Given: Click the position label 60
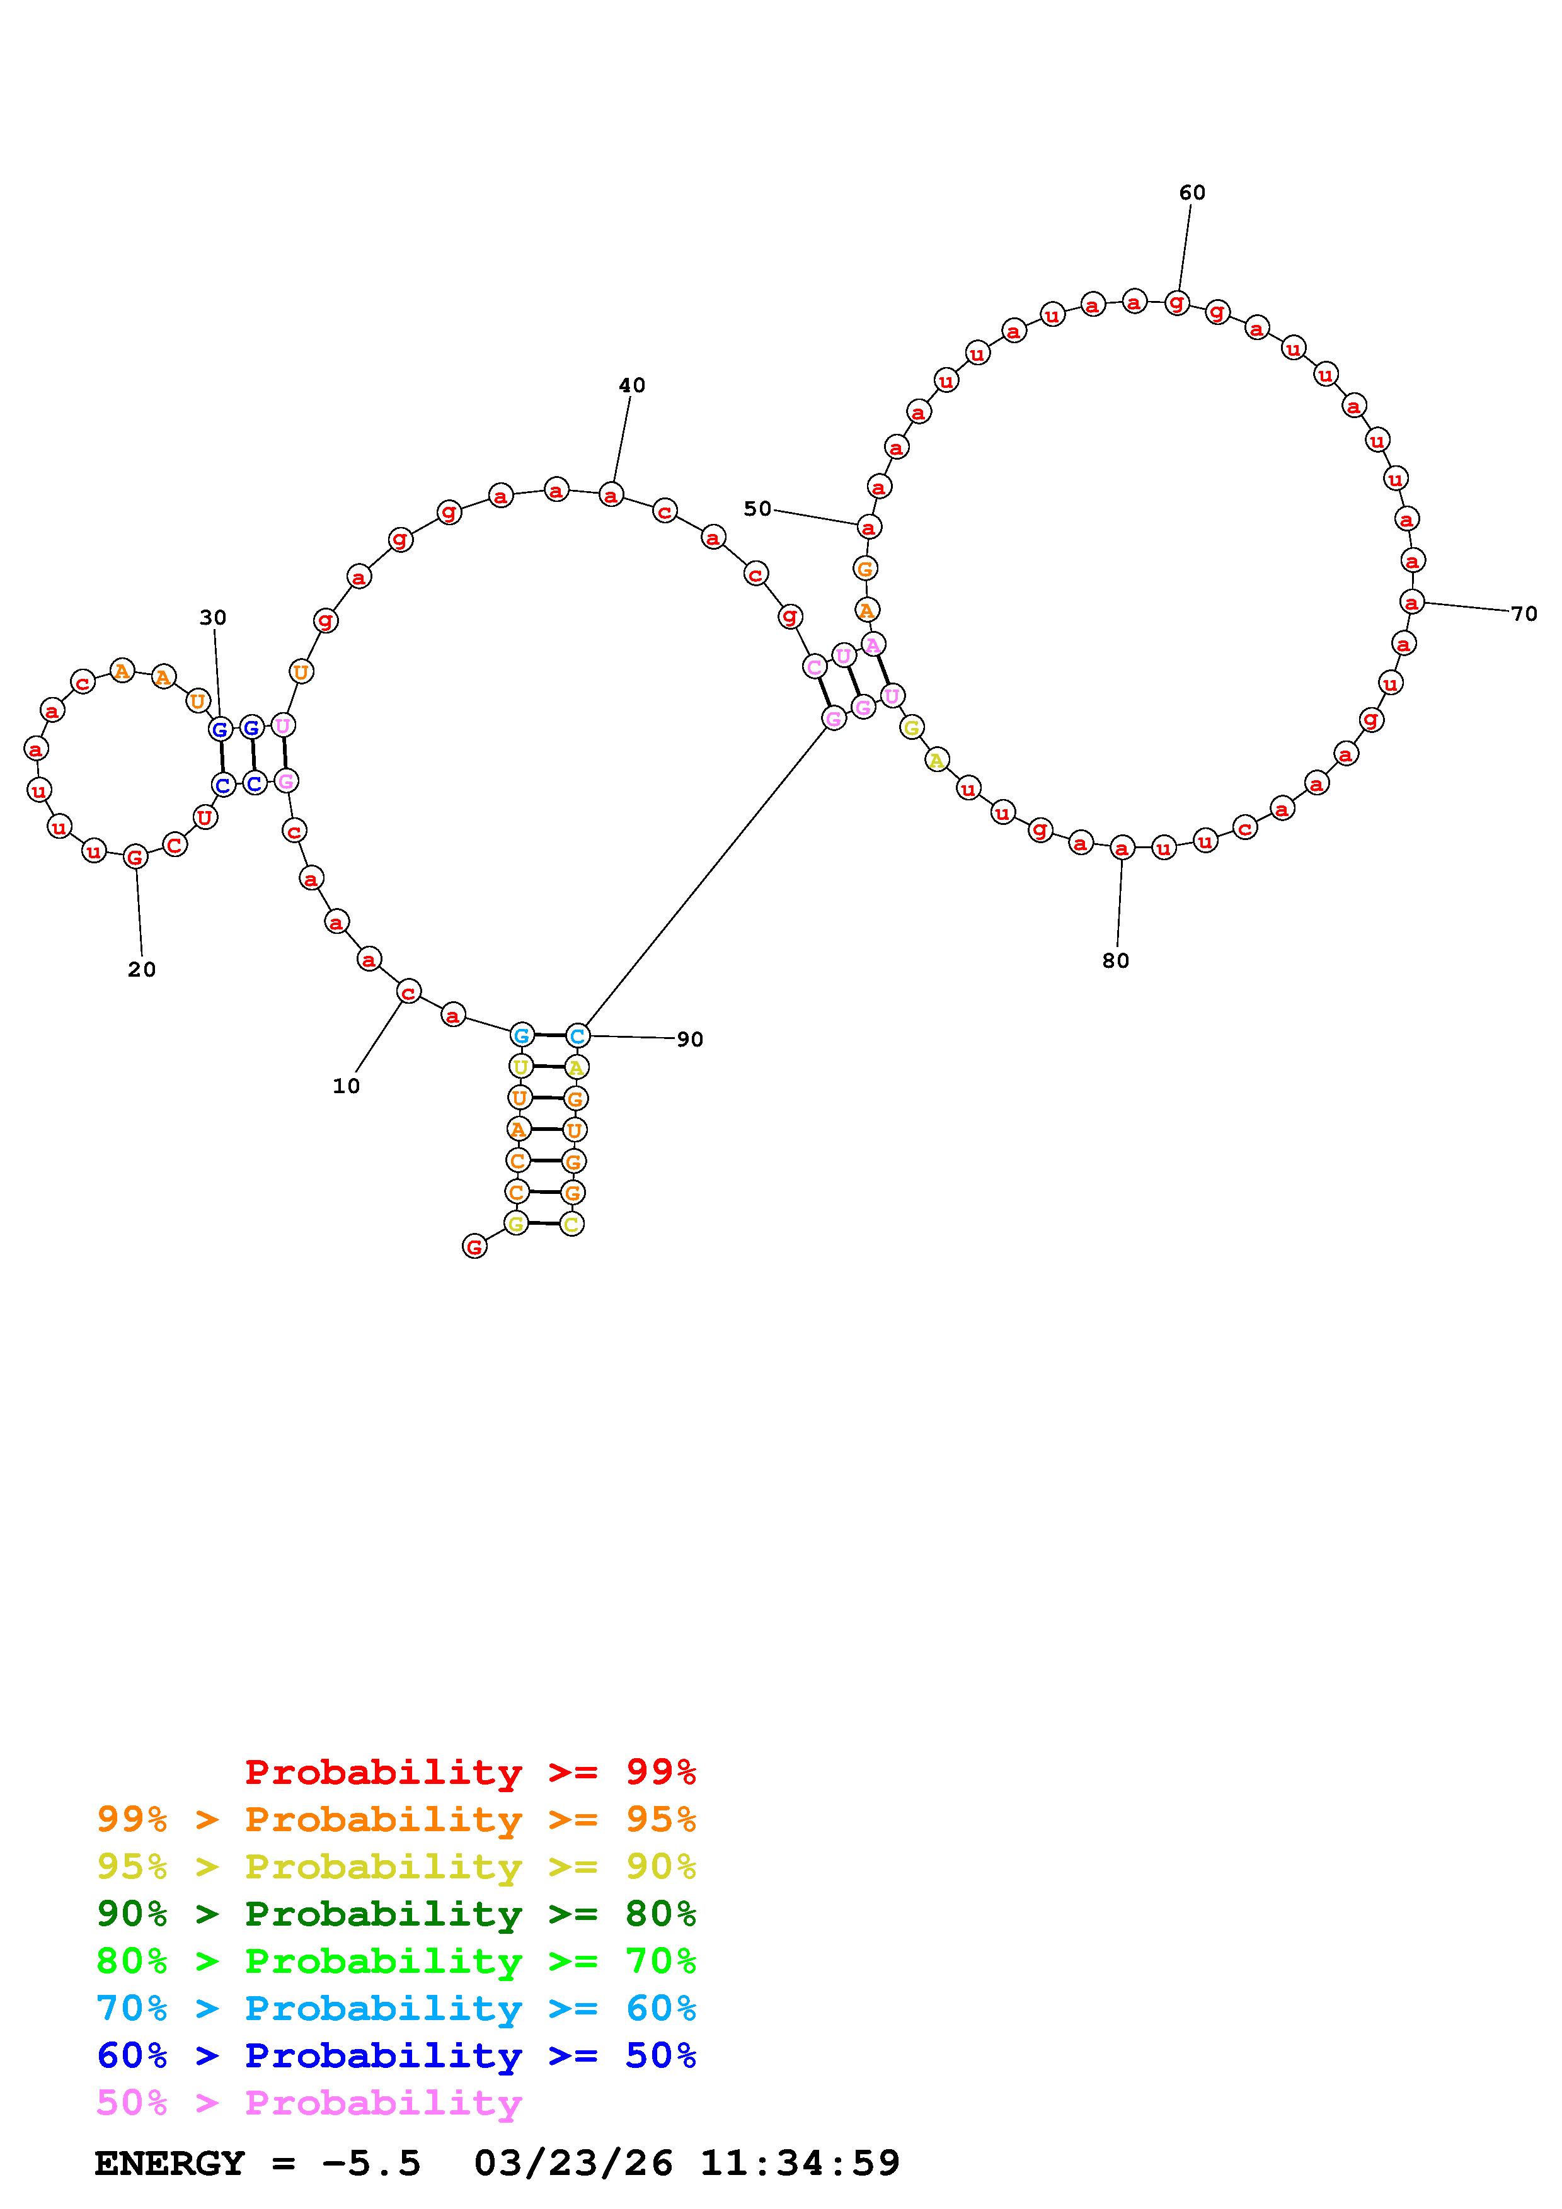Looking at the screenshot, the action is (x=1192, y=193).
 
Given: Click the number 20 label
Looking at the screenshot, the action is (x=142, y=969).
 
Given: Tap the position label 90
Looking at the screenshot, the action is (x=690, y=1039).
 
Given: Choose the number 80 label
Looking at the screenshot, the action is (x=1115, y=960).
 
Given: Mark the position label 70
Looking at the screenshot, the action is (x=1524, y=614).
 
